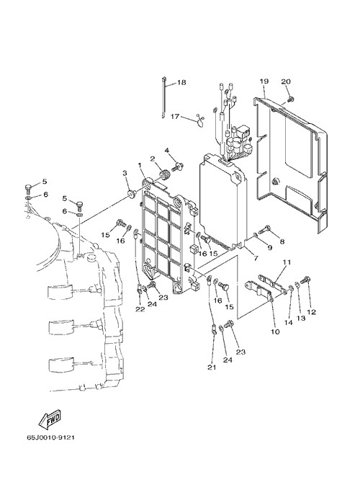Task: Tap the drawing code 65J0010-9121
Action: tap(51, 437)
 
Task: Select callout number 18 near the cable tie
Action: tap(181, 83)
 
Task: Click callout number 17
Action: tap(175, 117)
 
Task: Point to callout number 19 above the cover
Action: tap(264, 81)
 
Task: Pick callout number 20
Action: tap(286, 81)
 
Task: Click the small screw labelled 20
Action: tap(290, 99)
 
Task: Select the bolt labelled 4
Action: tap(179, 166)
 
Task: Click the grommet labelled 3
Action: tap(131, 193)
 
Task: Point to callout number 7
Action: tap(255, 258)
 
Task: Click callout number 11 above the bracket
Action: tap(287, 262)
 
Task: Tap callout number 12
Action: tap(312, 312)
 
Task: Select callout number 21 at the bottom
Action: tap(212, 367)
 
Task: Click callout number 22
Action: tap(140, 309)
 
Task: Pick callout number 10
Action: tap(275, 332)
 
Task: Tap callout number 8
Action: tap(282, 241)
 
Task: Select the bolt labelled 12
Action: tap(305, 280)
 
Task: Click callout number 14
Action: tap(288, 322)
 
